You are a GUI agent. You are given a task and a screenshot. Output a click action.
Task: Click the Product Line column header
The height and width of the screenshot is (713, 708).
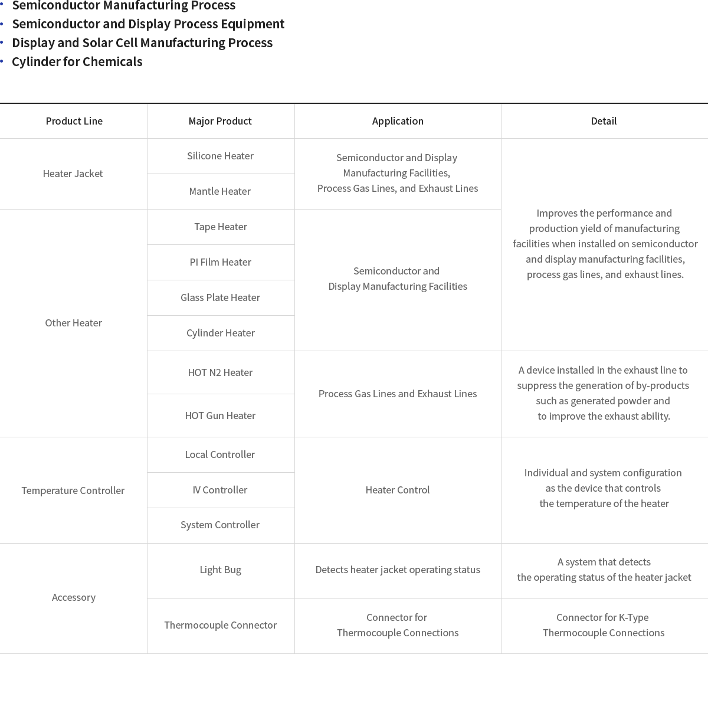(x=74, y=121)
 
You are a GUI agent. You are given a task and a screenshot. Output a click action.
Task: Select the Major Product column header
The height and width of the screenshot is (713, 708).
(x=220, y=121)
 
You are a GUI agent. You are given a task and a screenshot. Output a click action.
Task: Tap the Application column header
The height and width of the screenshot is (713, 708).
(x=398, y=121)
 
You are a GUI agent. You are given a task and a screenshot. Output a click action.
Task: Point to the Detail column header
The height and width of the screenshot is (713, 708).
(x=604, y=121)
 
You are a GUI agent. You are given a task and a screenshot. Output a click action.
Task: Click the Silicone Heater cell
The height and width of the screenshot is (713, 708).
(x=221, y=156)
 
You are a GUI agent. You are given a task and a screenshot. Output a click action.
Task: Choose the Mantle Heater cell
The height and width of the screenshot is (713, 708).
(x=220, y=191)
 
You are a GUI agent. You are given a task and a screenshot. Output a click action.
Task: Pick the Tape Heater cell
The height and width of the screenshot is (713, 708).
(x=221, y=227)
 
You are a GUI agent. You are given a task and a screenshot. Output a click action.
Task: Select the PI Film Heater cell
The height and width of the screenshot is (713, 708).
(x=221, y=262)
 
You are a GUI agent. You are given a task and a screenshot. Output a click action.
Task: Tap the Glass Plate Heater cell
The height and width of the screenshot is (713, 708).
(x=221, y=297)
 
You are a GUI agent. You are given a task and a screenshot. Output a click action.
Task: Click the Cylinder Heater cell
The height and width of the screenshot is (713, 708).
(x=221, y=333)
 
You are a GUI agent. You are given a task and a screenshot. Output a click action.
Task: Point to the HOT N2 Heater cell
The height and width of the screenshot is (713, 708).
(x=221, y=372)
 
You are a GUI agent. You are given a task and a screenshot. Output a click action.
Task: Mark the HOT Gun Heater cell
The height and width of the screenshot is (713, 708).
(x=221, y=416)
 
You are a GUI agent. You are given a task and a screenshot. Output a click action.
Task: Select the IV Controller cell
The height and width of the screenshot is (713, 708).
(x=220, y=490)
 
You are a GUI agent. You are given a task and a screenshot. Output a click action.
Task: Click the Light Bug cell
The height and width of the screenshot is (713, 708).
(x=221, y=570)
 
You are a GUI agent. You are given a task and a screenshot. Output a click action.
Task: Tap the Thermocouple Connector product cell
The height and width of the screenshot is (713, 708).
(x=221, y=625)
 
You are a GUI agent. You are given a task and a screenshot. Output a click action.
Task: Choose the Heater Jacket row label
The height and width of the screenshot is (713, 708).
(x=73, y=174)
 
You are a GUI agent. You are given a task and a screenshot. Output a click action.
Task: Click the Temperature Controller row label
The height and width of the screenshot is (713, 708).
(x=73, y=490)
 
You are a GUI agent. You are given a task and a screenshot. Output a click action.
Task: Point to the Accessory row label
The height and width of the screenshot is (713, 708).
(x=74, y=597)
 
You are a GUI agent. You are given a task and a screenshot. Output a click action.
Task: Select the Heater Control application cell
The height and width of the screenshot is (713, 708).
(x=398, y=490)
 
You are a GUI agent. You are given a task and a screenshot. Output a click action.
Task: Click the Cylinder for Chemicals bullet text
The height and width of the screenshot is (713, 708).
(x=77, y=61)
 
